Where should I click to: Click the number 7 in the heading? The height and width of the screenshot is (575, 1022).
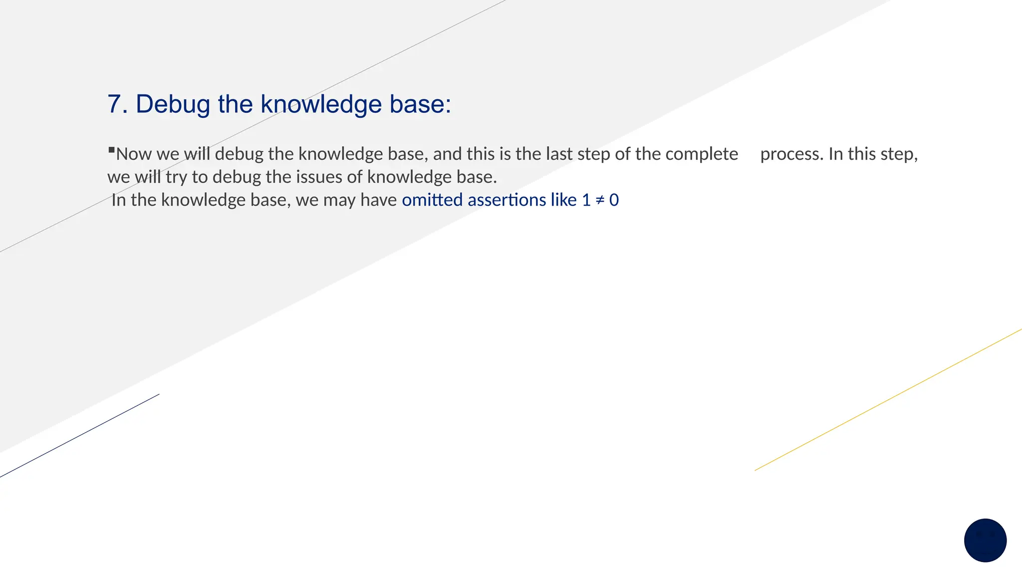[115, 104]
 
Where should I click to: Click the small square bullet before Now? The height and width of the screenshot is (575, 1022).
[111, 149]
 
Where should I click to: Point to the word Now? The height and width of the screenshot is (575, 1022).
[134, 154]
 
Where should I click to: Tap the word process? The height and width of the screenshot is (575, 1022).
[791, 154]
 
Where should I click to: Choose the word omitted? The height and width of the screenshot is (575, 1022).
[432, 200]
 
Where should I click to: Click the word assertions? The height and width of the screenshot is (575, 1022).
[507, 200]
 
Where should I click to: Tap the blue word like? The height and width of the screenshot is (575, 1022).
[564, 200]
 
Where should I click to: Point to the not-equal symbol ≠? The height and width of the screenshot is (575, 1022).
[600, 200]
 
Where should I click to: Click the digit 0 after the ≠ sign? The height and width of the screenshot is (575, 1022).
[614, 200]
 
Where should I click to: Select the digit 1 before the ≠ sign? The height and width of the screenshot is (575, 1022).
[586, 200]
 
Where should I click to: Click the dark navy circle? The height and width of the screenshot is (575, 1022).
[985, 540]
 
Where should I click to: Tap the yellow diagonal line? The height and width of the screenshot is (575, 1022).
[888, 399]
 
